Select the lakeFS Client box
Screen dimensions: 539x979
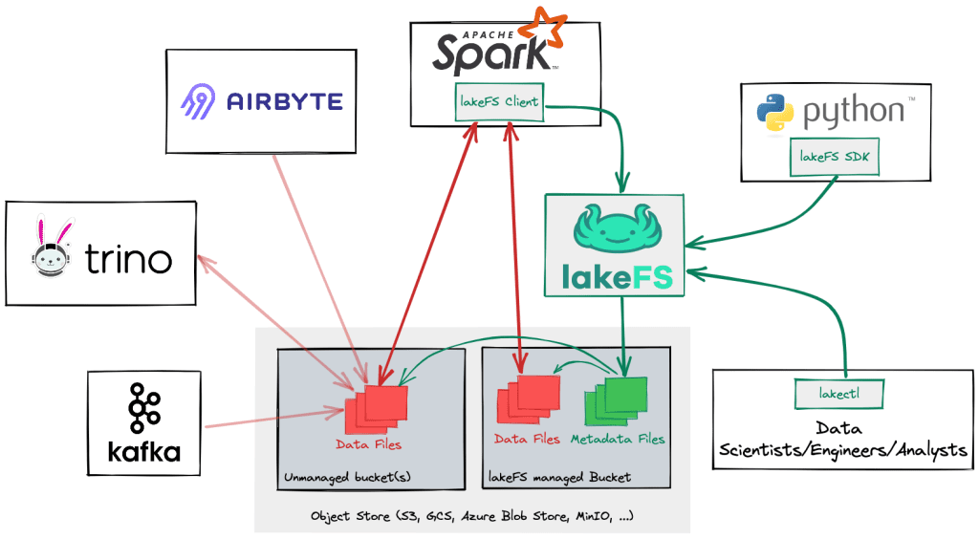[x=498, y=102]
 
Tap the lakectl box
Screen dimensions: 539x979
[x=839, y=391]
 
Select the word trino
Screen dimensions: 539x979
[x=128, y=258]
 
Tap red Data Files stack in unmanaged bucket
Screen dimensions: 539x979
[x=374, y=406]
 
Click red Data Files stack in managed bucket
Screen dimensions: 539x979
[x=527, y=400]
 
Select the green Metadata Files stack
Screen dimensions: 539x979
[x=615, y=400]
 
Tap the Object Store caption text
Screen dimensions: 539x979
[x=472, y=515]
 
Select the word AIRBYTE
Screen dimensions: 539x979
[x=284, y=100]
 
